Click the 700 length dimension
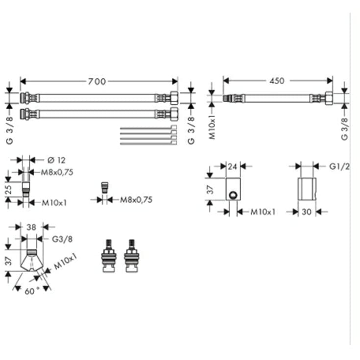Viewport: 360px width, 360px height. click(97, 81)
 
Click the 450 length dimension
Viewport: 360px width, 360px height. click(277, 81)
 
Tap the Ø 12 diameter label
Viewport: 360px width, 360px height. click(56, 160)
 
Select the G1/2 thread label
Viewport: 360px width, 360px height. click(339, 167)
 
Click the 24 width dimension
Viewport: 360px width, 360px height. click(232, 166)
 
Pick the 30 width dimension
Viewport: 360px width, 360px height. click(307, 212)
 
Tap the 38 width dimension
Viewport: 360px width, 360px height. click(31, 227)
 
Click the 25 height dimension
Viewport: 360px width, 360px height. click(8, 189)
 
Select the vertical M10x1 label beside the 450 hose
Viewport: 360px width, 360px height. click(213, 127)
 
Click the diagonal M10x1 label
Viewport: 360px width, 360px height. click(65, 261)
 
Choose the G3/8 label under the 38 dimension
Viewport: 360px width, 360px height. click(62, 239)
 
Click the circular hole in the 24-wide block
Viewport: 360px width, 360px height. click(233, 195)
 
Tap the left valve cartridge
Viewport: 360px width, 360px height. click(109, 256)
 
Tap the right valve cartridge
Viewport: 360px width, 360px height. click(132, 256)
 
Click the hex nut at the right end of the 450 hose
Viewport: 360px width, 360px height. click(329, 98)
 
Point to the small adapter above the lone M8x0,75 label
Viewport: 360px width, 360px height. click(105, 188)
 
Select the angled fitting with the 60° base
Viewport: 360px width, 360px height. click(31, 261)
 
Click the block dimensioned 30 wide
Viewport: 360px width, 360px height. click(307, 189)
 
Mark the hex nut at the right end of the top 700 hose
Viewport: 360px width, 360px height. click(174, 98)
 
